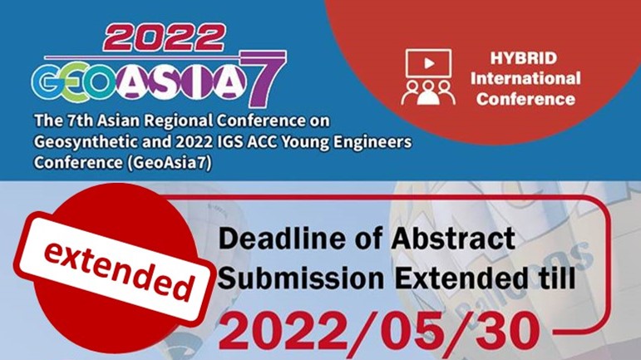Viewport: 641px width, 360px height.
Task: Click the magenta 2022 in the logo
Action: (165, 38)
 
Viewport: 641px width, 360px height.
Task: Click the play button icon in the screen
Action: (429, 63)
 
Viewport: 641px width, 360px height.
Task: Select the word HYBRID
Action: (524, 57)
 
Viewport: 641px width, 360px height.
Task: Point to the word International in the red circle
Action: (525, 78)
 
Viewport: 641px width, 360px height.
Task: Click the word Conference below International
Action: (525, 98)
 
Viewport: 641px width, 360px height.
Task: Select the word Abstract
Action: (453, 239)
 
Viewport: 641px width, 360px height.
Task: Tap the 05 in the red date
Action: (402, 333)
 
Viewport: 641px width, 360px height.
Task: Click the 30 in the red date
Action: (502, 333)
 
